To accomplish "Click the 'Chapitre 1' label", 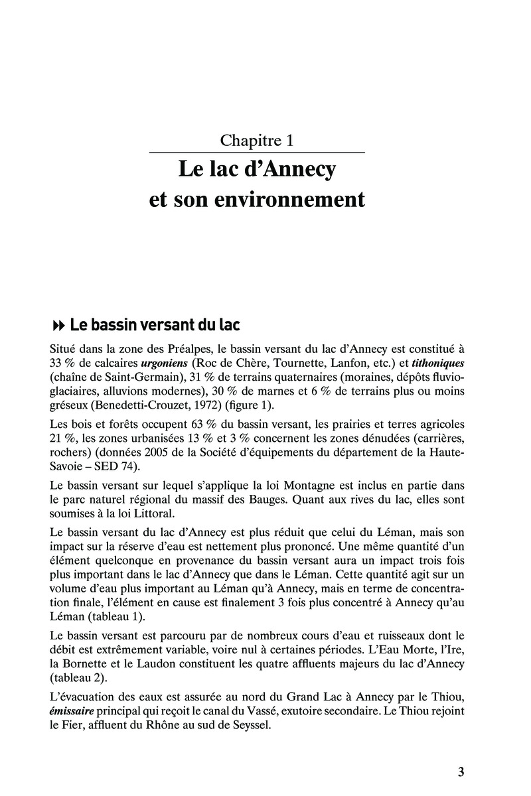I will [257, 140].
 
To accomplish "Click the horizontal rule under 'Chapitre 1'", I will [257, 153].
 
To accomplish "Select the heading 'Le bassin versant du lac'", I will [155, 325].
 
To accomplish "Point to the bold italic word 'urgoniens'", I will [165, 364].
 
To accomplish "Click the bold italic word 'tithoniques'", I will [439, 364].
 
